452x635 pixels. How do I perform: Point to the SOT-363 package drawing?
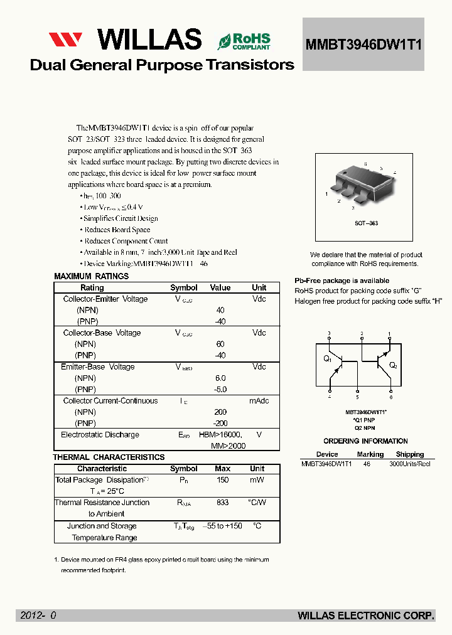click(359, 182)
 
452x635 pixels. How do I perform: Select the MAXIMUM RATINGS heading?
click(91, 277)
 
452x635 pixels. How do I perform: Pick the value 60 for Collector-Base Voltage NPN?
click(220, 344)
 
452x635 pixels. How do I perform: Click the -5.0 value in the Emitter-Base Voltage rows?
click(220, 390)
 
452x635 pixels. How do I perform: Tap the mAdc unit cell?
click(259, 401)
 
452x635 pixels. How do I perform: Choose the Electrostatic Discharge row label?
click(100, 435)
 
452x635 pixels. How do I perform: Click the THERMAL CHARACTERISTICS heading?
click(109, 457)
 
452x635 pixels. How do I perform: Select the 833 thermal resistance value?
click(222, 503)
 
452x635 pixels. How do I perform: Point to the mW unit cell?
click(257, 480)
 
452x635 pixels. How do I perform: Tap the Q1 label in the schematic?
click(327, 359)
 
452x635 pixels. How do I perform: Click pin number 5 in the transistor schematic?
click(358, 397)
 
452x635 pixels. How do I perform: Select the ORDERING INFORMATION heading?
click(365, 441)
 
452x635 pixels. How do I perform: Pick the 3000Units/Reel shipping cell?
click(409, 464)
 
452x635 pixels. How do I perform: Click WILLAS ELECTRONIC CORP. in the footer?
click(366, 616)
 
